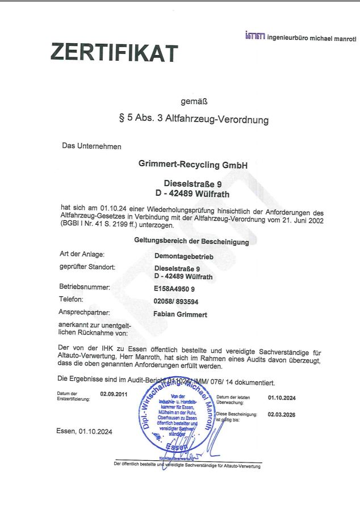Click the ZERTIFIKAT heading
pos(114,52)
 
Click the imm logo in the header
pos(255,36)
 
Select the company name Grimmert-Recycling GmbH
pos(193,165)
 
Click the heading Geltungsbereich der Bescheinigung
pos(191,241)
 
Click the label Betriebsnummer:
pos(85,287)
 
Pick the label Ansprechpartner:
pos(84,312)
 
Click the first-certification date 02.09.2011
pos(114,393)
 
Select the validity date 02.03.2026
pos(282,415)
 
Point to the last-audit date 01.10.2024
pos(282,398)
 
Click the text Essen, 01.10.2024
pos(84,431)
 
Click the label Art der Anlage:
pos(82,254)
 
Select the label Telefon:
pos(71,299)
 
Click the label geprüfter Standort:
pos(87,266)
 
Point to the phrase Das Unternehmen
pos(91,146)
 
